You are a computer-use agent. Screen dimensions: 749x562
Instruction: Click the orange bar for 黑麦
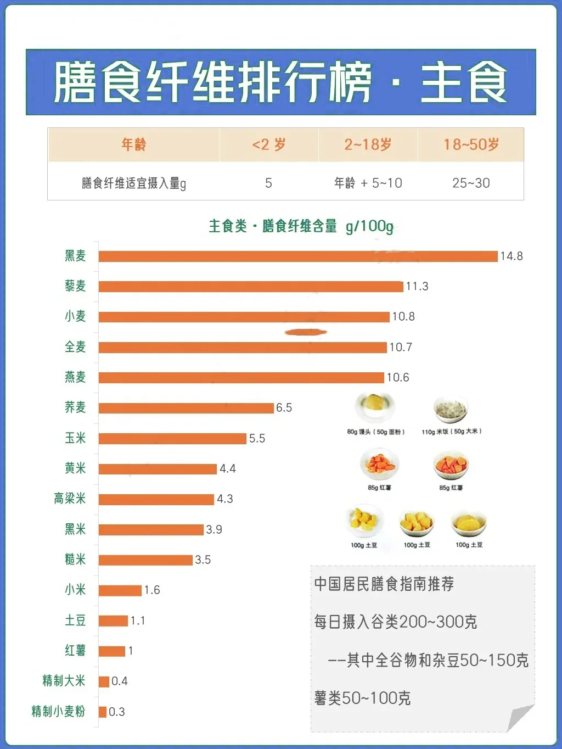click(298, 256)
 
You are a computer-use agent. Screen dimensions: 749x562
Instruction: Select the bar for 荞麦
click(186, 408)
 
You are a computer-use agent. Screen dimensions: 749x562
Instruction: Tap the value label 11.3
click(417, 286)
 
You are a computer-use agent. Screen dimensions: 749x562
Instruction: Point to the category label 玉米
click(75, 438)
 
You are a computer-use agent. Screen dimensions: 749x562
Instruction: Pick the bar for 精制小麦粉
click(103, 712)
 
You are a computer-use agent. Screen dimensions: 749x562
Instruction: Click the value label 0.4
click(120, 681)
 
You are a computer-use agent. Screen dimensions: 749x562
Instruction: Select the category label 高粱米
click(70, 499)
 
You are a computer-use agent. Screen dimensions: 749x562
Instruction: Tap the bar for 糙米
click(145, 560)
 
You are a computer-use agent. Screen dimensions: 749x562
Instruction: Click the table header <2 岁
click(269, 145)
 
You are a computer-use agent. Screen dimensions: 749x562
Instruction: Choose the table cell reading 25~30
click(471, 183)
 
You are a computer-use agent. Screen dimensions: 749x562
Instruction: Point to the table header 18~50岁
click(471, 145)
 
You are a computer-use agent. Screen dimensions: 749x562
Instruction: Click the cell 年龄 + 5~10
click(368, 183)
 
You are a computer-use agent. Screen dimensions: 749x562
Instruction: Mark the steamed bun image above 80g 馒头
click(375, 407)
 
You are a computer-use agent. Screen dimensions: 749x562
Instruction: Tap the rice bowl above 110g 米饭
click(450, 409)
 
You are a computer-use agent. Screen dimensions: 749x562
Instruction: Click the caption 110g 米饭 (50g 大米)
click(452, 432)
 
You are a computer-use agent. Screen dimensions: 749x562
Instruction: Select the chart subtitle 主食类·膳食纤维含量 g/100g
click(301, 226)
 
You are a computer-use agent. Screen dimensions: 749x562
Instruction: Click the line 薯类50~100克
click(362, 698)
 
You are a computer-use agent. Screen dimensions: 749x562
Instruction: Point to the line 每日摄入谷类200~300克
click(395, 622)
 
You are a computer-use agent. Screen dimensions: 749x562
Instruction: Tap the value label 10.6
click(398, 377)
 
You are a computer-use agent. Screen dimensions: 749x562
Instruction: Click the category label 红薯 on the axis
click(75, 651)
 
